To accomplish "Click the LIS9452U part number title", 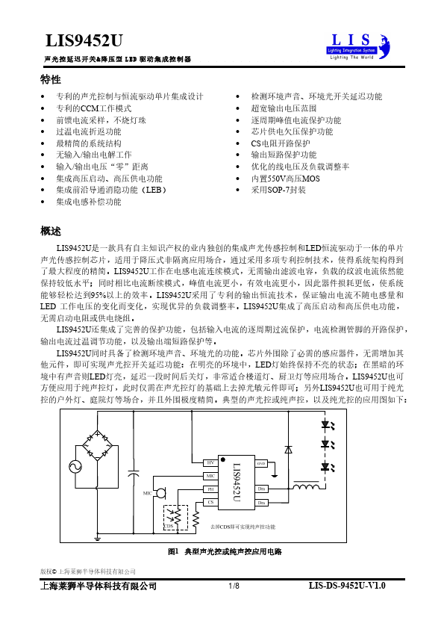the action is (83, 40).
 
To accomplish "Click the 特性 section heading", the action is (51, 80).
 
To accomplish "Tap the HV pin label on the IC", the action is (210, 462).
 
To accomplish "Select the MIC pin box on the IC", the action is (210, 476).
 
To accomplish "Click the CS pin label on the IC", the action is (210, 503).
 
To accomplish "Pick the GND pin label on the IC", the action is (261, 463).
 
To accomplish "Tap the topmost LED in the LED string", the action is (326, 427).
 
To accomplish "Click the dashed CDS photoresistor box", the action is (176, 516).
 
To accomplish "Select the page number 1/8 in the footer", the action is (234, 586).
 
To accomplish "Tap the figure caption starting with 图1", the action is (225, 551).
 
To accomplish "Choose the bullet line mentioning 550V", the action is (284, 179).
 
